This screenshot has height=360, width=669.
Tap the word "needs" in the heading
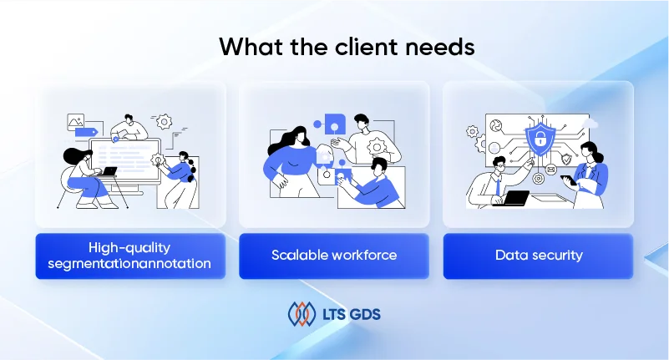440,46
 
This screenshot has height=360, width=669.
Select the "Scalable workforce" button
334,256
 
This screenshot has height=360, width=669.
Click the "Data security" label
539,255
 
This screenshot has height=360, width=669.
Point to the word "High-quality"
129,248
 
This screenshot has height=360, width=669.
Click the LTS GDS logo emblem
302,314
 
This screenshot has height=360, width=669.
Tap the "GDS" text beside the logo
365,314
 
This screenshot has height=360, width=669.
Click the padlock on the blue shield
540,138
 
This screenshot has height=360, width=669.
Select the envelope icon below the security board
550,170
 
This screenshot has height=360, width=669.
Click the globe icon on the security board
496,126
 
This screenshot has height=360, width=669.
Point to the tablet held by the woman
568,180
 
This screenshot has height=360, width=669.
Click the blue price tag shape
87,132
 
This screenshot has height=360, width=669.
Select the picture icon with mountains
75,122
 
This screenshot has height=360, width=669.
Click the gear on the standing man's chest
377,148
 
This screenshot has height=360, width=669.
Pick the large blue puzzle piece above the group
335,124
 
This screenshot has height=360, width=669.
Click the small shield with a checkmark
566,160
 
